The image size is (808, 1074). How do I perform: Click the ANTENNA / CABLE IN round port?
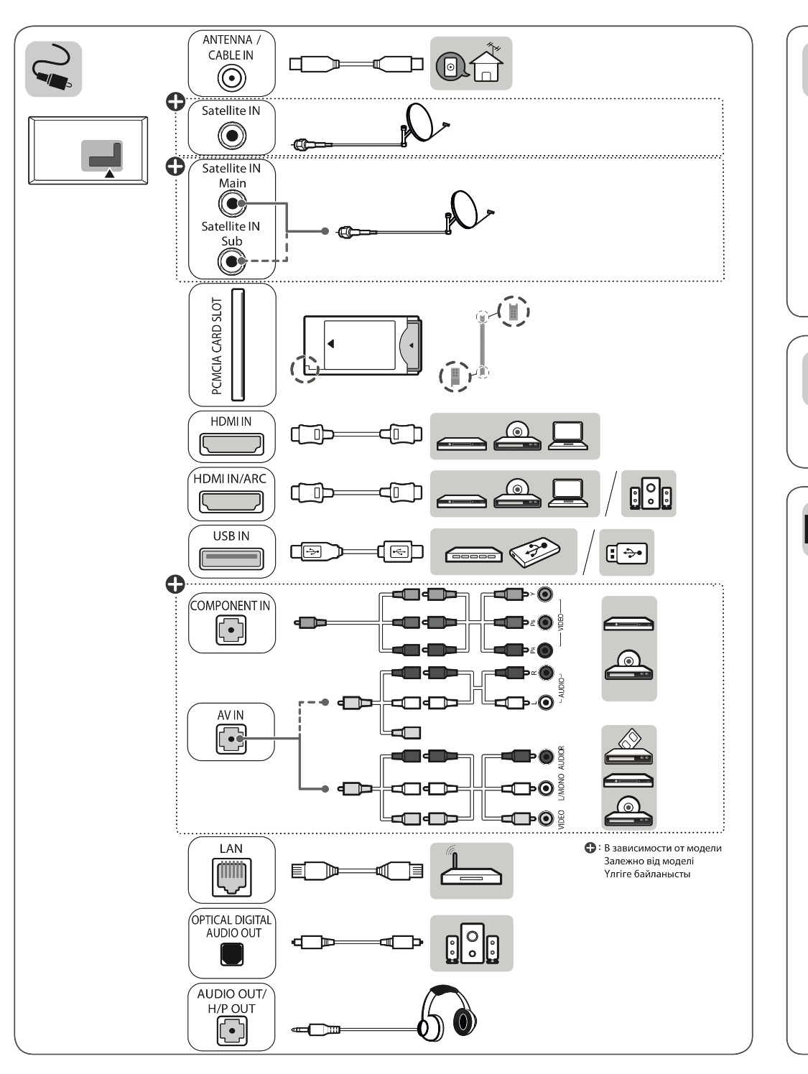(231, 78)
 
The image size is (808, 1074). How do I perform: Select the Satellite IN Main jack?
(231, 204)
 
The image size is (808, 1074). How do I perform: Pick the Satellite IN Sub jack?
(231, 261)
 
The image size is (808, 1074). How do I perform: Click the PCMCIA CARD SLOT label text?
(217, 345)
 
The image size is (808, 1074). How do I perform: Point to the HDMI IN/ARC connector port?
(231, 501)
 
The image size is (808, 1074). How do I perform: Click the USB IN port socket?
(231, 558)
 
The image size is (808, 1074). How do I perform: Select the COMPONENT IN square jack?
(231, 630)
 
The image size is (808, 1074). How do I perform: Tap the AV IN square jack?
(231, 739)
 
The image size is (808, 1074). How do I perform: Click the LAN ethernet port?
(231, 877)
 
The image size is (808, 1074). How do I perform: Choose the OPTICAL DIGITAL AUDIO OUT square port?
(231, 954)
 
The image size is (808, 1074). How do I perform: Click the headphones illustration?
(449, 1012)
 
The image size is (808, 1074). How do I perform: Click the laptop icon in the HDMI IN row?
(568, 435)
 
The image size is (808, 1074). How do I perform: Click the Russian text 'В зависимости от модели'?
(662, 848)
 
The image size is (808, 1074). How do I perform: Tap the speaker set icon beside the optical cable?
(471, 943)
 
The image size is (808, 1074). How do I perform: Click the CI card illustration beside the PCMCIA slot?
(361, 345)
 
